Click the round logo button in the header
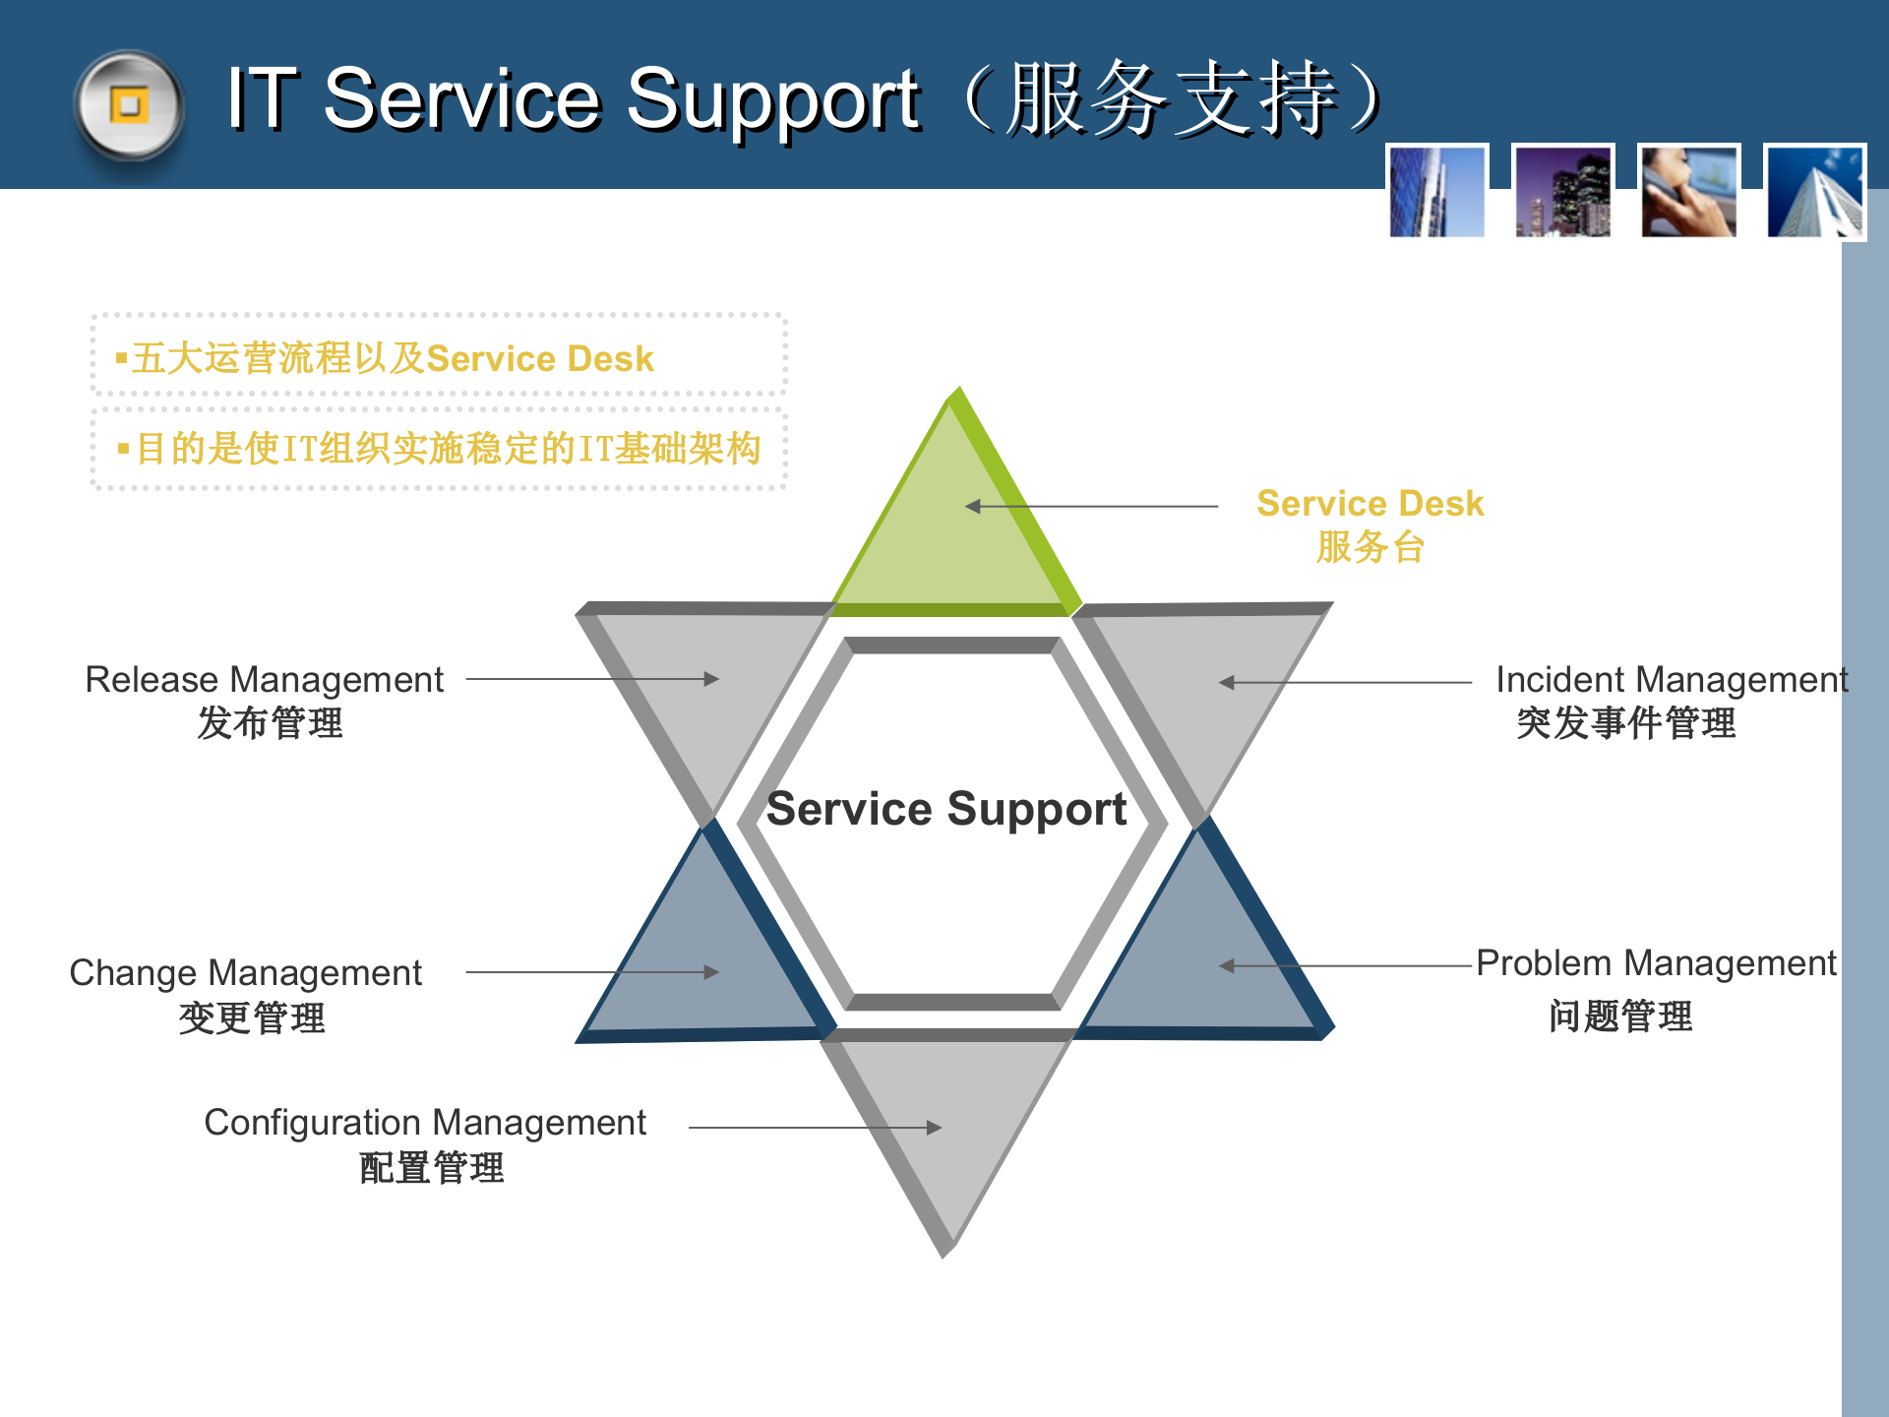click(x=129, y=106)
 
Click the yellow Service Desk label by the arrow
click(x=1370, y=504)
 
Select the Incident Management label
click(x=1671, y=680)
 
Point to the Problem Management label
click(x=1656, y=963)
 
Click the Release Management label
click(x=264, y=680)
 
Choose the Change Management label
click(x=245, y=973)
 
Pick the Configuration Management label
click(x=425, y=1123)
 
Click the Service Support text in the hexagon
click(x=946, y=809)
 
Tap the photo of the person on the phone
click(x=1688, y=192)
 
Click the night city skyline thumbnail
click(x=1562, y=192)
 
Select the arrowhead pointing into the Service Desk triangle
click(x=973, y=507)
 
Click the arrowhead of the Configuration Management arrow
click(x=935, y=1128)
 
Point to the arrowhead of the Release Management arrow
click(x=712, y=679)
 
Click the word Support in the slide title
click(x=772, y=100)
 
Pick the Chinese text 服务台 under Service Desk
click(x=1370, y=547)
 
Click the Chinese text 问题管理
click(x=1620, y=1017)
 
